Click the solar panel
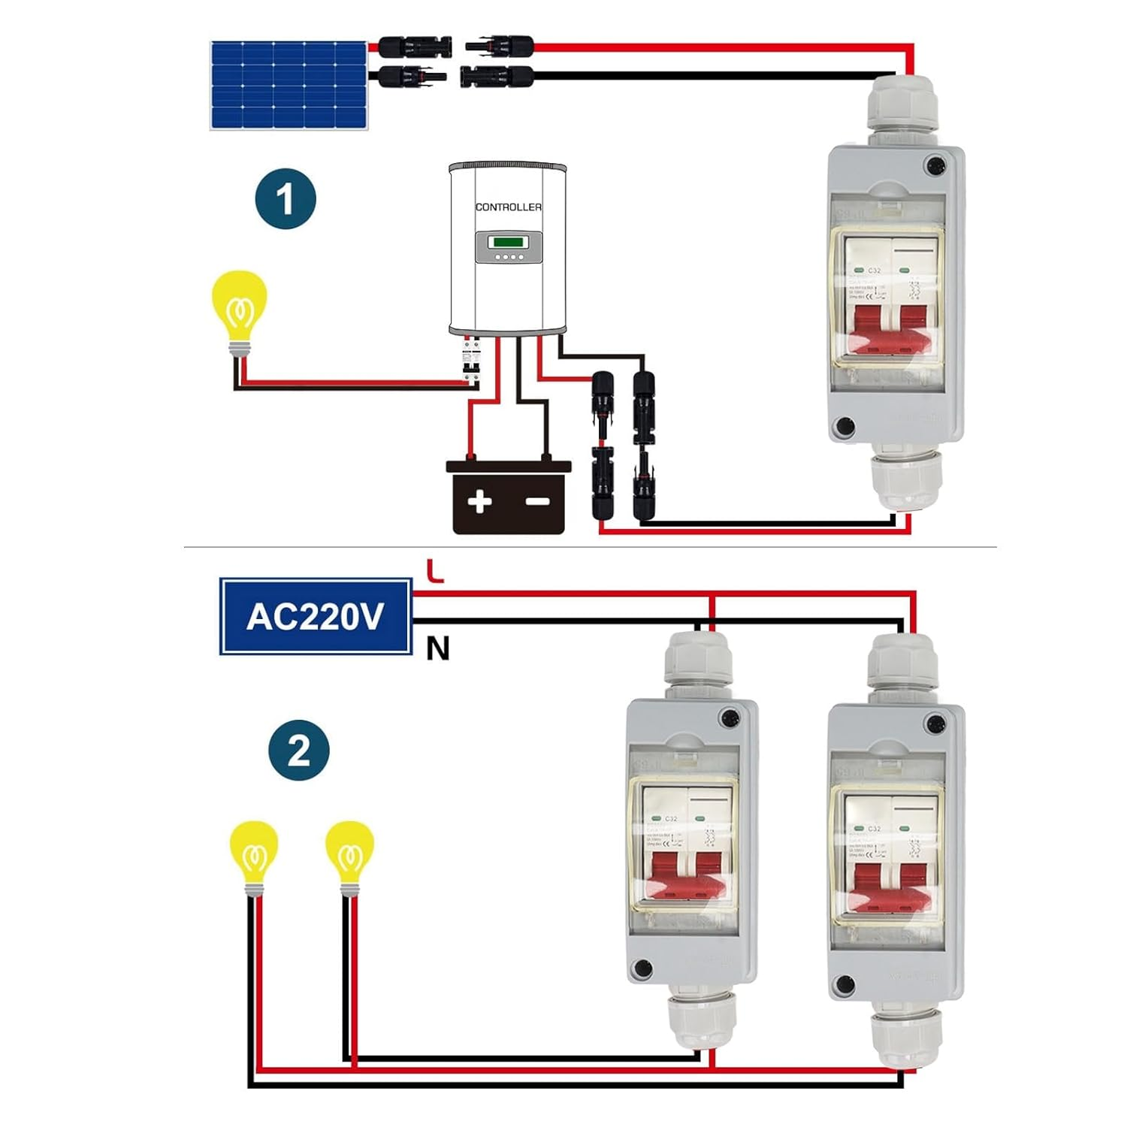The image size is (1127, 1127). (289, 85)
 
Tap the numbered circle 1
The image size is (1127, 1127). (286, 199)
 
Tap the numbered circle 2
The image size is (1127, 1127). (299, 750)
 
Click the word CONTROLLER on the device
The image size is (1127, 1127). (508, 207)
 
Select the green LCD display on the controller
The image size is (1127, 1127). (508, 242)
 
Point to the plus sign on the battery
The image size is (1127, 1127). (479, 501)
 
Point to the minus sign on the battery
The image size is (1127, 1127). (537, 501)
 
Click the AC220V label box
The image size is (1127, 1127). (316, 616)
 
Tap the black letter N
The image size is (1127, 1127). (437, 648)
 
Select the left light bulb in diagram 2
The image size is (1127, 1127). (254, 855)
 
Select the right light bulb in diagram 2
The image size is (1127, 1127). (349, 855)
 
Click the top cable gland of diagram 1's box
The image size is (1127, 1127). (903, 105)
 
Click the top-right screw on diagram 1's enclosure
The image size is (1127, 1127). (935, 165)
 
